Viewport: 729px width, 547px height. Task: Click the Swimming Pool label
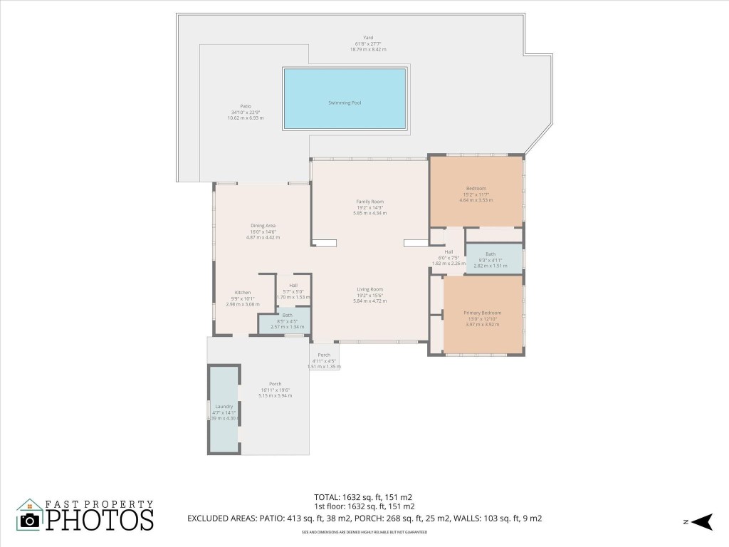point(345,103)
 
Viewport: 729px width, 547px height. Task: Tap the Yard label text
point(368,38)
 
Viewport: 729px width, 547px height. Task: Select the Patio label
point(246,106)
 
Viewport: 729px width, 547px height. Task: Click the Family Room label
point(369,202)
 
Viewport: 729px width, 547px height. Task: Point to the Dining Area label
point(263,226)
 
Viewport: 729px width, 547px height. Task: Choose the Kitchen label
point(243,293)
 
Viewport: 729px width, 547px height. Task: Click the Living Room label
point(369,289)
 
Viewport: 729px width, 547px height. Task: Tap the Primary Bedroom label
point(483,313)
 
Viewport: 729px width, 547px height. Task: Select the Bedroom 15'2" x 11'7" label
point(476,189)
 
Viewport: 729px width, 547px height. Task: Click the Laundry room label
point(223,407)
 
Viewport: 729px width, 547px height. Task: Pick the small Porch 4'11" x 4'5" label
point(324,355)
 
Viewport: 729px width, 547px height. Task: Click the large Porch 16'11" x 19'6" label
point(275,384)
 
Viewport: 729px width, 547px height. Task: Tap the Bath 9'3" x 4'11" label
point(491,254)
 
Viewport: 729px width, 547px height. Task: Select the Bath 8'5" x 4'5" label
point(287,316)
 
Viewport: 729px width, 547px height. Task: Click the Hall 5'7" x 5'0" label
point(293,286)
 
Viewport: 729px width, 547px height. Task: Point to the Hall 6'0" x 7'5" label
point(449,252)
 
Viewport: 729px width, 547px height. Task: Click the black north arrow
point(703,522)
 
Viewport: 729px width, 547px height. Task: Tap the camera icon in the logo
point(30,519)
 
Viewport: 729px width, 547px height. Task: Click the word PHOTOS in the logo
point(100,520)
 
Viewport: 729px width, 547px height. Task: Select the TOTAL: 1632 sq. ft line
point(363,496)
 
